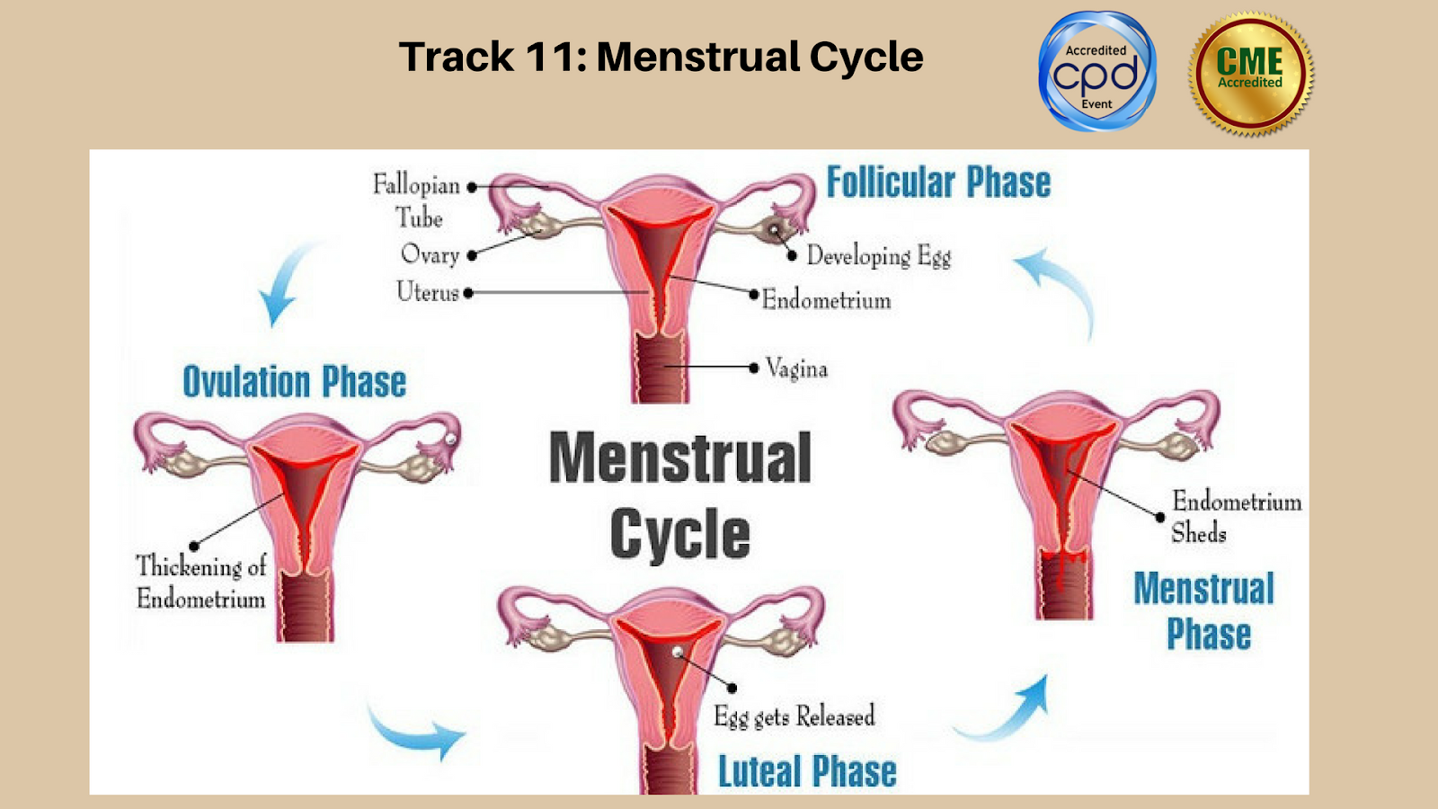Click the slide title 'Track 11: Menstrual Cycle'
(661, 57)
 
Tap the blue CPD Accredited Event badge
(1096, 72)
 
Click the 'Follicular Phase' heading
(938, 182)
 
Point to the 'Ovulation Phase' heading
(294, 382)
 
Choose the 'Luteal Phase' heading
(806, 771)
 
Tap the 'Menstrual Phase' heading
(1204, 611)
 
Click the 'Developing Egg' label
(878, 256)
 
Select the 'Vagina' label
(796, 369)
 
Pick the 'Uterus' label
(428, 292)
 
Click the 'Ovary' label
(430, 254)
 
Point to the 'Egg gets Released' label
(794, 716)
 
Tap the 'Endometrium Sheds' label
(1236, 517)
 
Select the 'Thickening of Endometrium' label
(201, 582)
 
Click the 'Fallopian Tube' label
(417, 200)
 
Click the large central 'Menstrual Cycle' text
(680, 494)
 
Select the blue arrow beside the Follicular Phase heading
(1061, 288)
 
